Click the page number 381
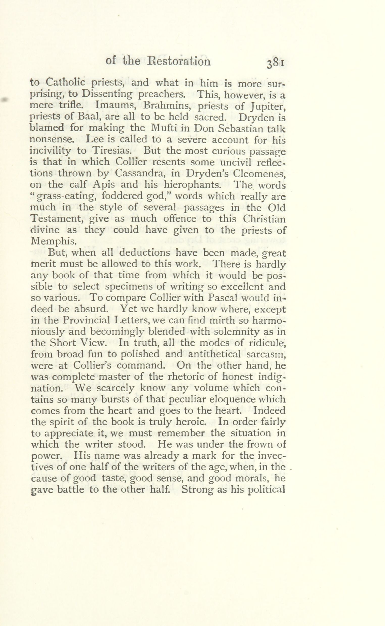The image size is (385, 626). [x=275, y=64]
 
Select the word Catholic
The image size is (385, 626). [x=62, y=83]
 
